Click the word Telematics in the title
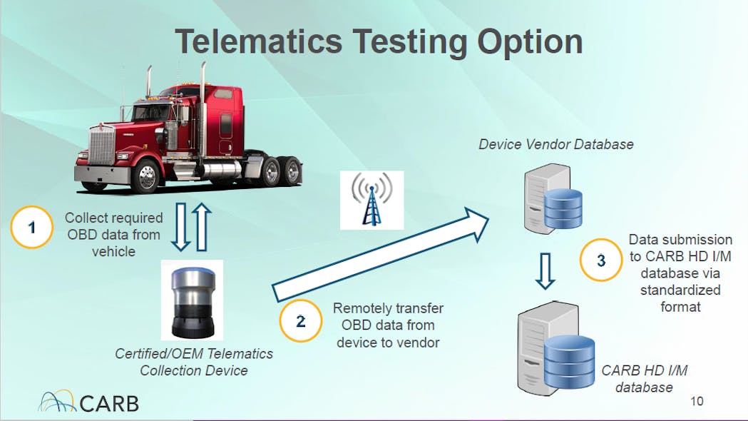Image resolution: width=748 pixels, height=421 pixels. coord(259,41)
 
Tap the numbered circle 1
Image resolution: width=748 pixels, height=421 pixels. coord(32,227)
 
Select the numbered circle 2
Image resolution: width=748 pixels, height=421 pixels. coord(300,321)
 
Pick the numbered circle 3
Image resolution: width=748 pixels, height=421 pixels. coord(601,260)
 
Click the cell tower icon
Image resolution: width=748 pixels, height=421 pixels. coord(372,200)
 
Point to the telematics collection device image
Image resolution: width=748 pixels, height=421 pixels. coord(193,300)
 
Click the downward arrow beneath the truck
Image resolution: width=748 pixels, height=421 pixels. coord(181,227)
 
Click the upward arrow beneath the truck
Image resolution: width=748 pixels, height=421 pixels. coord(202,227)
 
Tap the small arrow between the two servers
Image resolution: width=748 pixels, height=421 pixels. coord(545,271)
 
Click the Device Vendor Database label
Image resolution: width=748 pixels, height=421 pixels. coord(555,144)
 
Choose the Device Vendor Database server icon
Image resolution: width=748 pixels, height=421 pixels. coord(553,198)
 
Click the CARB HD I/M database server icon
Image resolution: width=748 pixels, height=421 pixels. coord(556,349)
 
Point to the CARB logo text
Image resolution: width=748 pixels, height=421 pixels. coord(109,404)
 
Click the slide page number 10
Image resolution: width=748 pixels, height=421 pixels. coord(697,401)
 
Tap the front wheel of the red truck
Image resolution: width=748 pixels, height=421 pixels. coord(146,176)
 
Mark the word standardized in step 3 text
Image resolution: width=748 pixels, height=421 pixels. coord(680,290)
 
